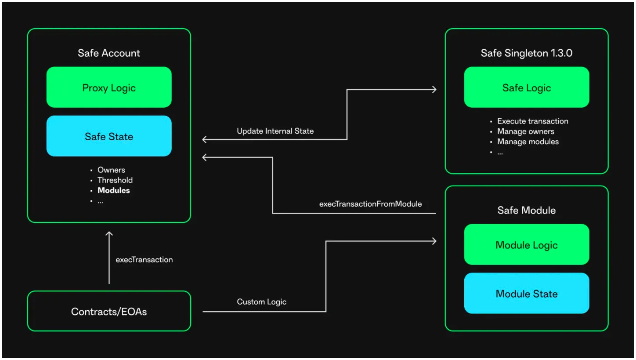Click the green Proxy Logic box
point(109,87)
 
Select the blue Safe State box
point(109,136)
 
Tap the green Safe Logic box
point(527,87)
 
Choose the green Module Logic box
point(527,244)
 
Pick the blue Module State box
point(527,293)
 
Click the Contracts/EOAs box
point(109,311)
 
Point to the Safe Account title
point(109,53)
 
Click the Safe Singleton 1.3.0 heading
point(527,53)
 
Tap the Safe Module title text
point(527,210)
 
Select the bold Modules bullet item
point(114,190)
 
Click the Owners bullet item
point(111,170)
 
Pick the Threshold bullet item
point(115,180)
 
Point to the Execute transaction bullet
point(533,121)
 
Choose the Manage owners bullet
point(526,131)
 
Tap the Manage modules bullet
point(528,142)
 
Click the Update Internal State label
point(275,131)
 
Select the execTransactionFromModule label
point(371,204)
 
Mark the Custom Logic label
point(262,302)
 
